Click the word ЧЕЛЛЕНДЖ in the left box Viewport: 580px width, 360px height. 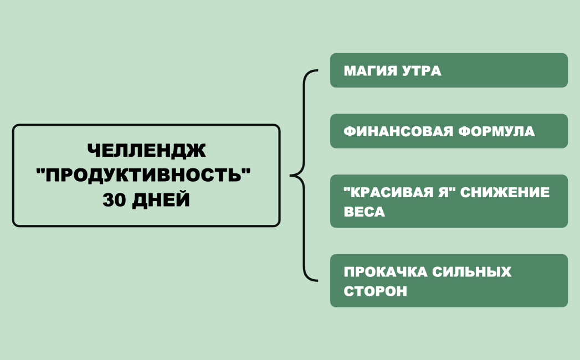point(146,151)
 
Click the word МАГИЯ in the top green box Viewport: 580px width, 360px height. point(370,71)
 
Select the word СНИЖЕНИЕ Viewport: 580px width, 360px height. point(506,192)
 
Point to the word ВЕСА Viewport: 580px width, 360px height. point(364,212)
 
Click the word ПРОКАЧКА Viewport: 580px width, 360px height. point(385,272)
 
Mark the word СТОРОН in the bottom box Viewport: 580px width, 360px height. point(375,291)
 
